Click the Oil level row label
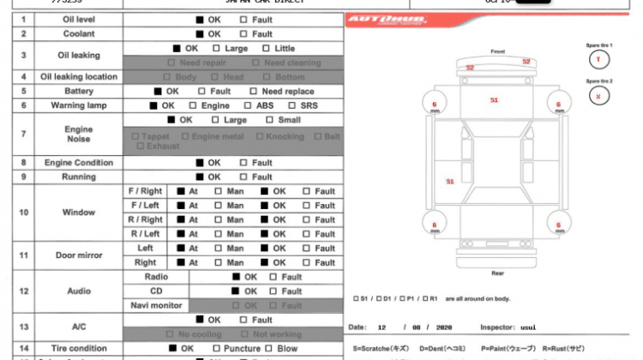coord(79,19)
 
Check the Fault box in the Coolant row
coord(244,33)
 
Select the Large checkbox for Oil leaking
coord(217,49)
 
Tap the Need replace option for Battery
coord(255,91)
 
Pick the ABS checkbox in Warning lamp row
coord(248,105)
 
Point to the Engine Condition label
coord(79,162)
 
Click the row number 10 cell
coord(23,212)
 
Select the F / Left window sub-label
coord(145,206)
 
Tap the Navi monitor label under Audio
coord(156,305)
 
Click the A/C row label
coord(79,327)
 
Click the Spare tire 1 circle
coord(598,59)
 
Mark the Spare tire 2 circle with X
coord(598,96)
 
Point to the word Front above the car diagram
coord(498,52)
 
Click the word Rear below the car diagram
coord(497,273)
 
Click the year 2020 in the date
coord(444,327)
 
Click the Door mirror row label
coord(79,255)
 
